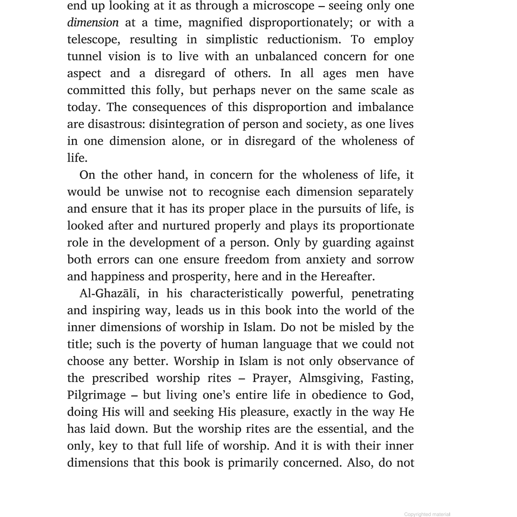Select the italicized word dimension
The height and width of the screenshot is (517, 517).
pos(93,23)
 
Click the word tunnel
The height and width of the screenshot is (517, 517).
pos(84,57)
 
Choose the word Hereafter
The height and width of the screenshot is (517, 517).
pos(347,277)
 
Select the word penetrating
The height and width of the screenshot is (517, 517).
pos(382,294)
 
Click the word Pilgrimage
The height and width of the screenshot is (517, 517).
pos(96,395)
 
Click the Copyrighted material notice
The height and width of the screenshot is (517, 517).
pos(427,514)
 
